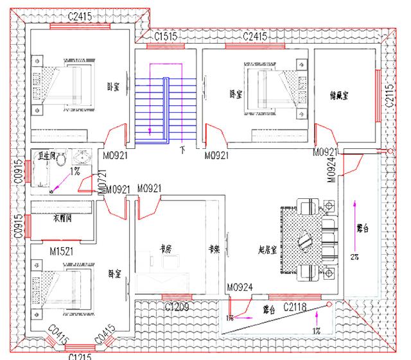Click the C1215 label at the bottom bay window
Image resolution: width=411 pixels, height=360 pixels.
point(80,356)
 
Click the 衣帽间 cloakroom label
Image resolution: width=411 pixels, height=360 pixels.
point(62,218)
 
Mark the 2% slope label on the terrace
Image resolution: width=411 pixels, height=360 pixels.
point(354,257)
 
